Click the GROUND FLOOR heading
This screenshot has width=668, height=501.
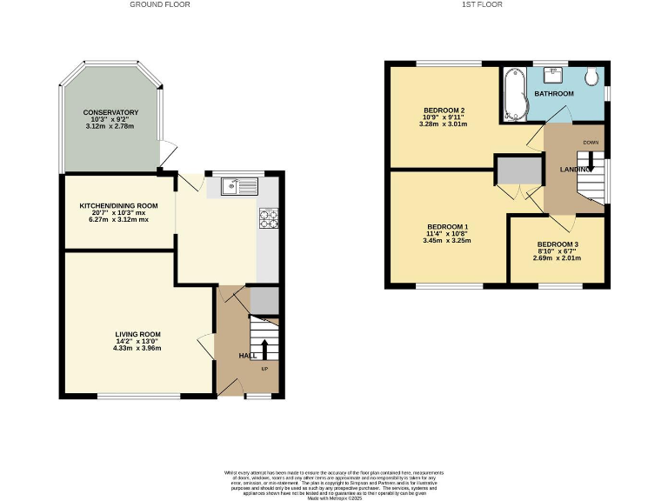click(x=160, y=4)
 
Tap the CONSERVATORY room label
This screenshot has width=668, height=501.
click(x=110, y=113)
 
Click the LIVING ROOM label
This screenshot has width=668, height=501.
click(x=138, y=334)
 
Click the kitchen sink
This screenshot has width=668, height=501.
click(x=238, y=185)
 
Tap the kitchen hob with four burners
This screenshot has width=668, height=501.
click(x=268, y=218)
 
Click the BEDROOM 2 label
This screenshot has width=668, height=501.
click(x=444, y=110)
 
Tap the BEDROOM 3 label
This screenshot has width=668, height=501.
click(x=558, y=244)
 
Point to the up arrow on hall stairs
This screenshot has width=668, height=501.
click(x=264, y=350)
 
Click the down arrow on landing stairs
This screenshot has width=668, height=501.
click(x=591, y=160)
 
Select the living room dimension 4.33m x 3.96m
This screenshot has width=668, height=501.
click(x=138, y=348)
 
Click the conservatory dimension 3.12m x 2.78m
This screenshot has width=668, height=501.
click(x=110, y=127)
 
